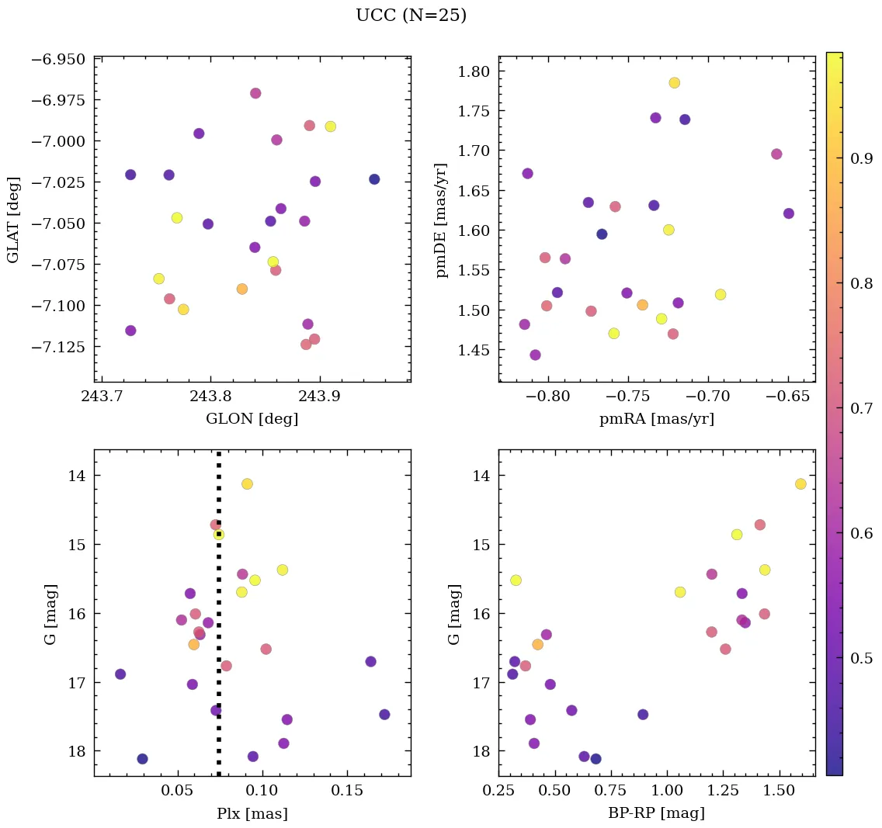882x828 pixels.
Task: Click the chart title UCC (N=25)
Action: (411, 16)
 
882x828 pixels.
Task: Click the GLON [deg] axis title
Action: (252, 419)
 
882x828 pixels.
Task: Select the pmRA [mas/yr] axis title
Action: (656, 419)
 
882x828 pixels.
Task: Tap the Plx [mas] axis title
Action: (252, 813)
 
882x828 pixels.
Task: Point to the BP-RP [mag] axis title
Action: (656, 813)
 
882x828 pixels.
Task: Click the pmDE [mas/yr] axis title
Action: (442, 220)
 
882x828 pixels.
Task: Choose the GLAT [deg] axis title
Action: (13, 220)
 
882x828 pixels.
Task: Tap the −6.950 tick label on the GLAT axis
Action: (57, 59)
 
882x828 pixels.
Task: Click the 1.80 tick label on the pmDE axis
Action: (473, 72)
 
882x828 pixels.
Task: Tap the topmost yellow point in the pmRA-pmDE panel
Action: (674, 83)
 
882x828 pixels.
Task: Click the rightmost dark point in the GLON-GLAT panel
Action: (374, 179)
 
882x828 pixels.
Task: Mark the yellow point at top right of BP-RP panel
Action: (800, 484)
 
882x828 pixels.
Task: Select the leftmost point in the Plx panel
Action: (120, 674)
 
